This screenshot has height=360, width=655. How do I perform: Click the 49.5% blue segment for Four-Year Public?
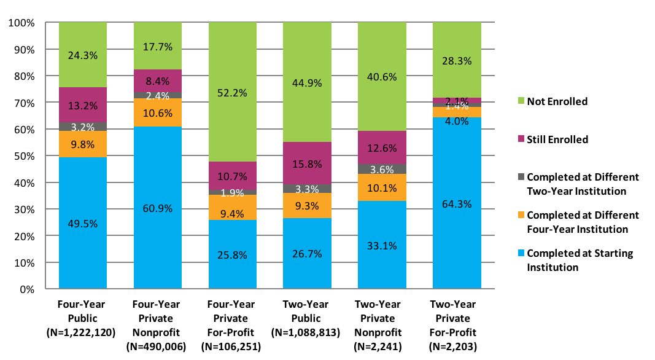[83, 223]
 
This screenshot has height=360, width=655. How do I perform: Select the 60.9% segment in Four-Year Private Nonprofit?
[158, 208]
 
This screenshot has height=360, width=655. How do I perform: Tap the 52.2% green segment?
[232, 92]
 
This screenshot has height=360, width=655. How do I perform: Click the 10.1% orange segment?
[382, 187]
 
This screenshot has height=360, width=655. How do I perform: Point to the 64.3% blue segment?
[457, 203]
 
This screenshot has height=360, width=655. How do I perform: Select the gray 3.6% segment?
[382, 169]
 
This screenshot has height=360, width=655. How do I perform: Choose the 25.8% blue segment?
[232, 254]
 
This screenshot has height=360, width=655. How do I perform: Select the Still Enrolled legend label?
[557, 139]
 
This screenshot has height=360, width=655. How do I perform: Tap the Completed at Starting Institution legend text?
[579, 260]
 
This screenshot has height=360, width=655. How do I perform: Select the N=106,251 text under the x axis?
[232, 346]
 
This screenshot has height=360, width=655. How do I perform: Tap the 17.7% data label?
[158, 46]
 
